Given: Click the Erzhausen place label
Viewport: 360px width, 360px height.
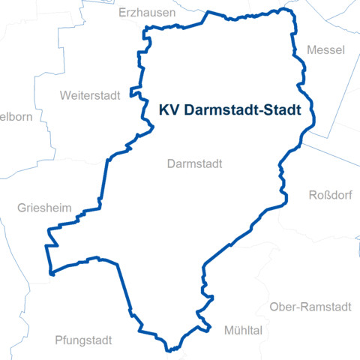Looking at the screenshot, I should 147,13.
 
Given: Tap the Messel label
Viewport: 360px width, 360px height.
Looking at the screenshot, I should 325,50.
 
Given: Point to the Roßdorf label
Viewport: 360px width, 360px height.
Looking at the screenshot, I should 329,196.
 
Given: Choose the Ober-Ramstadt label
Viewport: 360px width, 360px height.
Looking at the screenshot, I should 310,307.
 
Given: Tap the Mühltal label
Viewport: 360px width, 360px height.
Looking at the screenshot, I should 243,330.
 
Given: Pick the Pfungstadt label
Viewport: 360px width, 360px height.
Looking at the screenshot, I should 83,340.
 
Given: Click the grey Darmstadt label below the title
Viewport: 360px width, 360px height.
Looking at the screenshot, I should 196,163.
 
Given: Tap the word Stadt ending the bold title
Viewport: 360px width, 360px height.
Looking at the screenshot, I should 282,110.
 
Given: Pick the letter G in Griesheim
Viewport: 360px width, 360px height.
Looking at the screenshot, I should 21,208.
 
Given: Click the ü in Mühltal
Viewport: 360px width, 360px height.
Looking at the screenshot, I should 235,330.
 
